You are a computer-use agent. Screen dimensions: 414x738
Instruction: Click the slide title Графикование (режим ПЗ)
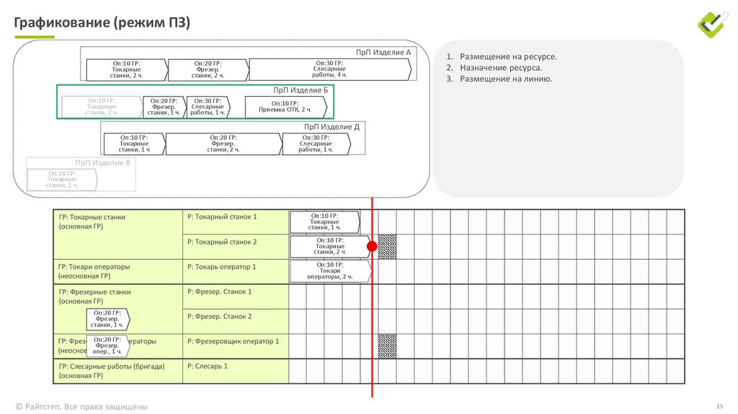point(102,24)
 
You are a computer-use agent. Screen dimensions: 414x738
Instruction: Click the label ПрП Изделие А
point(383,53)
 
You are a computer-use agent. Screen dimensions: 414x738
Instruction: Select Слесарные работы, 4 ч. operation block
point(330,69)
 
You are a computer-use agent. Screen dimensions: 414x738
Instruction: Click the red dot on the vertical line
point(372,247)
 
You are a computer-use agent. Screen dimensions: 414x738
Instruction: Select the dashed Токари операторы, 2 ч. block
point(329,271)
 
